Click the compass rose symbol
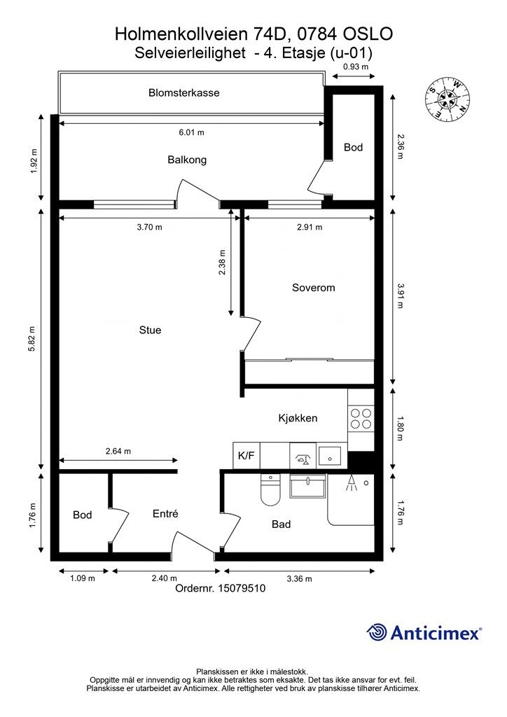pyautogui.click(x=448, y=99)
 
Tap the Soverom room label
pyautogui.click(x=313, y=288)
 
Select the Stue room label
pyautogui.click(x=150, y=330)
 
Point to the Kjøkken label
pyautogui.click(x=298, y=419)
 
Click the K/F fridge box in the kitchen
pyautogui.click(x=246, y=455)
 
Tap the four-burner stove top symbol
pyautogui.click(x=361, y=418)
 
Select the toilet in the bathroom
pyautogui.click(x=270, y=490)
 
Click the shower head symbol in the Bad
pyautogui.click(x=350, y=482)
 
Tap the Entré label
pyautogui.click(x=165, y=514)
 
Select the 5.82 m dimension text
pyautogui.click(x=32, y=339)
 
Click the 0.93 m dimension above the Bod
pyautogui.click(x=355, y=67)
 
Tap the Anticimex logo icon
pyautogui.click(x=377, y=632)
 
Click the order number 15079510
pyautogui.click(x=242, y=589)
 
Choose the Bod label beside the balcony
pyautogui.click(x=354, y=148)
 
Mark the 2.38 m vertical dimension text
pyautogui.click(x=222, y=263)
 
